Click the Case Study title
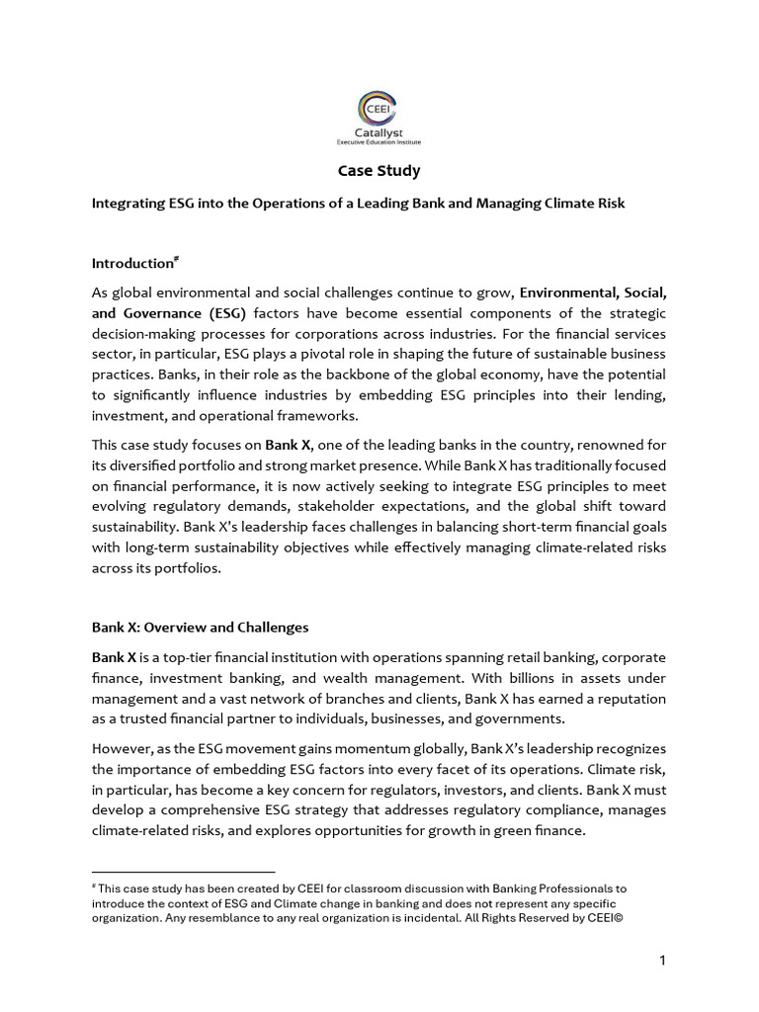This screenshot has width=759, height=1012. (379, 170)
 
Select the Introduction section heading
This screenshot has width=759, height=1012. (132, 264)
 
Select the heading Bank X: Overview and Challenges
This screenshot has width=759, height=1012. (201, 628)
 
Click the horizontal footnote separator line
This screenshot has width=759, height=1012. (183, 872)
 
